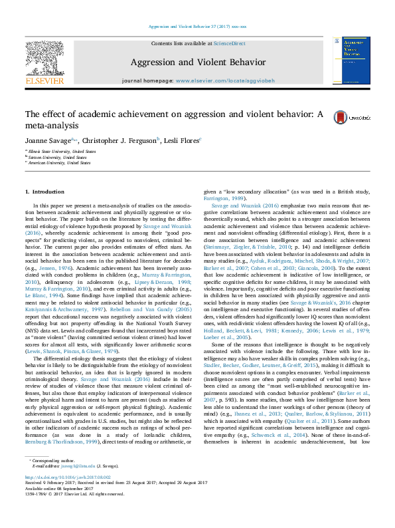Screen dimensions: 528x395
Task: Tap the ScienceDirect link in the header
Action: tap(229, 43)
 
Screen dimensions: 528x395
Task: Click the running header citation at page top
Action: tap(197, 27)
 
